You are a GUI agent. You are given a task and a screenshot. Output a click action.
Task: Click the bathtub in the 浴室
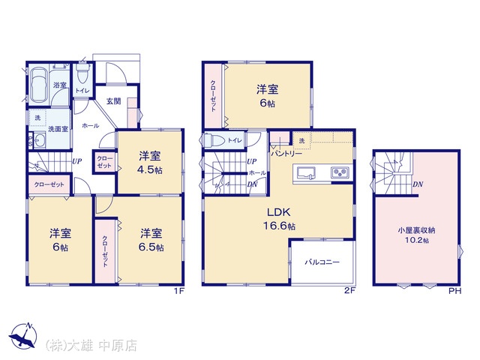pyautogui.click(x=39, y=85)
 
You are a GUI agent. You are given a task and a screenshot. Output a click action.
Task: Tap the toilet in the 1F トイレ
pyautogui.click(x=82, y=73)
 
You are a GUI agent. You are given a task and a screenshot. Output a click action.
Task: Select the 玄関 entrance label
pyautogui.click(x=113, y=100)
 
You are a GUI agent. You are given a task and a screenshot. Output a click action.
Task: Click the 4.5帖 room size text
pyautogui.click(x=150, y=170)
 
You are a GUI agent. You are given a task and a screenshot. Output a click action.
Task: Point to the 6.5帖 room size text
pyautogui.click(x=151, y=247)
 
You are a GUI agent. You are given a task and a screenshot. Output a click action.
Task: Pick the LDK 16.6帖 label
pyautogui.click(x=279, y=219)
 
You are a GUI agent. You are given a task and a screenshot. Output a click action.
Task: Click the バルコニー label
pyautogui.click(x=322, y=262)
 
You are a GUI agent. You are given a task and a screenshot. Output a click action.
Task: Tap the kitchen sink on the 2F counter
pyautogui.click(x=306, y=172)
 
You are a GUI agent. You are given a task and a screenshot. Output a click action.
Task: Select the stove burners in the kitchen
pyautogui.click(x=340, y=172)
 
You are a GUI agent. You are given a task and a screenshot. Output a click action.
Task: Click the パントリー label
pyautogui.click(x=286, y=154)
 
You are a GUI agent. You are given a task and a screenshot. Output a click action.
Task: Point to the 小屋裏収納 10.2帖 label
pyautogui.click(x=417, y=235)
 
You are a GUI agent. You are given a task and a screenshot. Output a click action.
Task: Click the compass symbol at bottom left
pyautogui.click(x=23, y=336)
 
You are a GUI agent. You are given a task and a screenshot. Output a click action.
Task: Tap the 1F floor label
pyautogui.click(x=178, y=291)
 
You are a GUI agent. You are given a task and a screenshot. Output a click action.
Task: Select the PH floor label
pyautogui.click(x=455, y=291)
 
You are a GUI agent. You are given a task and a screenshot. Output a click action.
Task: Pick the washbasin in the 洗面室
pyautogui.click(x=39, y=140)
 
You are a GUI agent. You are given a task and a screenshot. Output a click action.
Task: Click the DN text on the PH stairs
pyautogui.click(x=418, y=184)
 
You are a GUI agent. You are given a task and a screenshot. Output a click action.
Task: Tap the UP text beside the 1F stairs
pyautogui.click(x=76, y=160)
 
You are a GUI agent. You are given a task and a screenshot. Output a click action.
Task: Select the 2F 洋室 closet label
pyautogui.click(x=213, y=96)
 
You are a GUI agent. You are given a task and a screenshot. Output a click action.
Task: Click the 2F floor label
pyautogui.click(x=349, y=291)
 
